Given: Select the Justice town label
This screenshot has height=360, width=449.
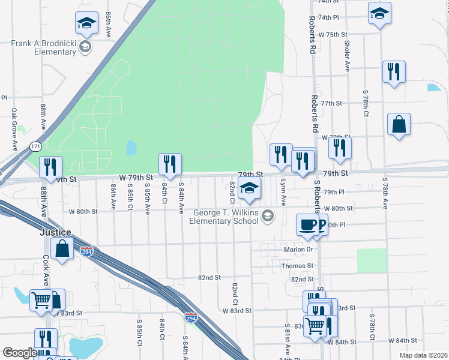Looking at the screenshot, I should point(56,232).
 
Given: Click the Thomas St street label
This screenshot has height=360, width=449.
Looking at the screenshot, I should point(298,265).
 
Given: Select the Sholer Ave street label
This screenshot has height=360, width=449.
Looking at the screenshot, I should point(347,56).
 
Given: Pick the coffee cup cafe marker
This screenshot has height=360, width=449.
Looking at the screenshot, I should point(309,225).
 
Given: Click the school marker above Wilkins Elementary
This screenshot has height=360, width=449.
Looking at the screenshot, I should point(250,189).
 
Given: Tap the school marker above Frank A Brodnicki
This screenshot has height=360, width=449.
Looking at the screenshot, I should point(86,23).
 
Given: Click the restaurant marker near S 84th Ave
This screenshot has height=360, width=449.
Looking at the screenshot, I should point(170,164).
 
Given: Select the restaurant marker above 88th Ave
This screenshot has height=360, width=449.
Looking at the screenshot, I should point(50,167).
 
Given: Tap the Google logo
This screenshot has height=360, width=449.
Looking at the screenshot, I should point(19,353).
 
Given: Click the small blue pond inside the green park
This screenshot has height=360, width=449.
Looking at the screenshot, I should point(131,148).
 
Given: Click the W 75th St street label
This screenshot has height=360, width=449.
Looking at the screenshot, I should point(333,34).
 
